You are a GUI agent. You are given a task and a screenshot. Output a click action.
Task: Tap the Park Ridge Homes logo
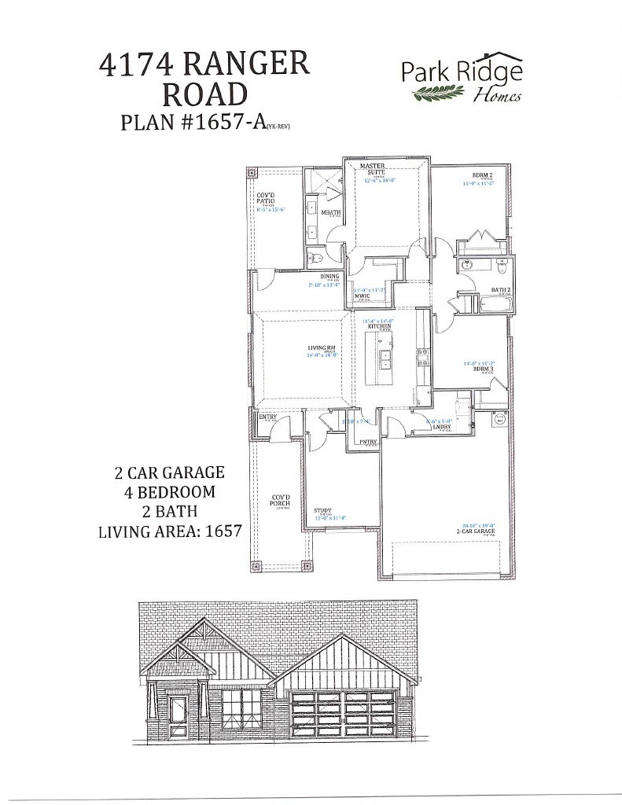[462, 80]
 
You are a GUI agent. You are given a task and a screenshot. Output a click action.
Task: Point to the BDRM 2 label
[482, 175]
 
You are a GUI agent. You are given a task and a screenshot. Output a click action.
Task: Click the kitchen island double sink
[386, 359]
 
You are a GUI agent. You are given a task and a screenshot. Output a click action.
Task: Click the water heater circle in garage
[499, 421]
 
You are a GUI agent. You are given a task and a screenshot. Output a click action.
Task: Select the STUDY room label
[322, 510]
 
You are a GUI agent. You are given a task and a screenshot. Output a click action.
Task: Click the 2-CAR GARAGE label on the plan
[479, 532]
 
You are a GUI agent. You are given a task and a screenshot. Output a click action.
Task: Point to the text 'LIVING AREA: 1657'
[169, 531]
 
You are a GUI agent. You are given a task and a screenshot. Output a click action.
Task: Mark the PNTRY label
[368, 442]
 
